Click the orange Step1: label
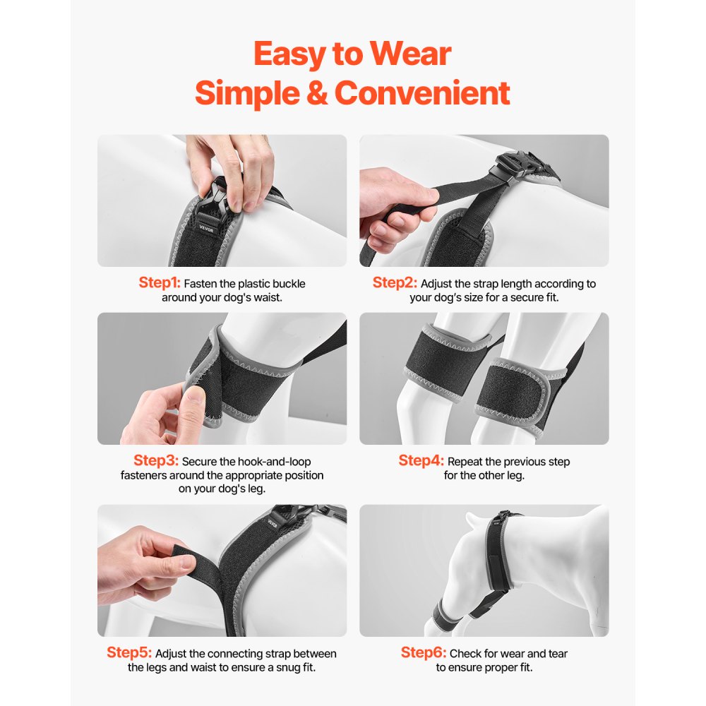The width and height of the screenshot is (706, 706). click(160, 283)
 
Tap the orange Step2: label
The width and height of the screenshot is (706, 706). click(395, 283)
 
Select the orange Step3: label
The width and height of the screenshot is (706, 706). click(156, 461)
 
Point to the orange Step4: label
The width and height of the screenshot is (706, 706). click(421, 461)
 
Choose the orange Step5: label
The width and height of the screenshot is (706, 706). click(129, 652)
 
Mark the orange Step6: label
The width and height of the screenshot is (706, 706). click(424, 652)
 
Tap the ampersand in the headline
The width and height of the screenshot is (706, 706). click(317, 92)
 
